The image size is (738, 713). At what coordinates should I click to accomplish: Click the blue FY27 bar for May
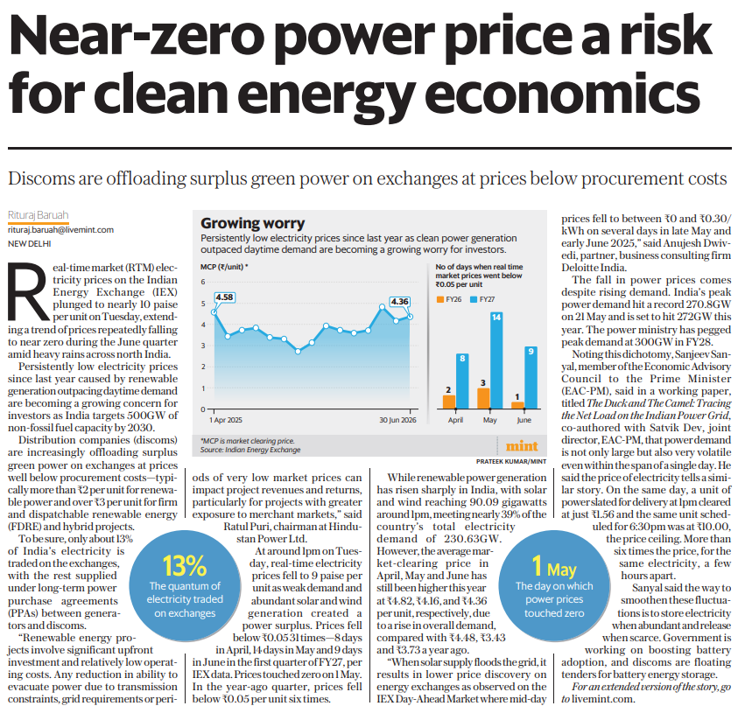[496, 360]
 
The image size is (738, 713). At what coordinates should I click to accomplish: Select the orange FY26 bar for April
[449, 402]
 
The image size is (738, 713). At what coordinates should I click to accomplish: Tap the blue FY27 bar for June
[531, 377]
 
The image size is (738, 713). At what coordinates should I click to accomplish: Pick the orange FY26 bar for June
[517, 405]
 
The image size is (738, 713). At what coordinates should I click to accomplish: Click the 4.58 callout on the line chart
[224, 297]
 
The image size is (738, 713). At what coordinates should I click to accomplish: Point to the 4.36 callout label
[399, 302]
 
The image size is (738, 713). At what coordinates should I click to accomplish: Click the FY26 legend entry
[449, 299]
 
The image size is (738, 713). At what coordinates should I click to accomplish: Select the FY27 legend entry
[482, 299]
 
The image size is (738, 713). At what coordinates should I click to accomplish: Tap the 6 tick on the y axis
[203, 282]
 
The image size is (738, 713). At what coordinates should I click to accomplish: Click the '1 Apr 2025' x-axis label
[226, 420]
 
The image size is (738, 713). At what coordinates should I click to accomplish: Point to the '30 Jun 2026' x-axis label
[397, 420]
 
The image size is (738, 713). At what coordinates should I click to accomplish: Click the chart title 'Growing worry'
[253, 223]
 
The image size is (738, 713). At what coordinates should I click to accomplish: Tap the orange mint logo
[522, 445]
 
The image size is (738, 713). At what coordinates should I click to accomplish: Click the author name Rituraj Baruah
[39, 215]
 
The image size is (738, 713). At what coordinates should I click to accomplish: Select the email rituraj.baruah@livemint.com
[60, 230]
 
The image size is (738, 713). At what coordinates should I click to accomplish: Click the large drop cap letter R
[28, 290]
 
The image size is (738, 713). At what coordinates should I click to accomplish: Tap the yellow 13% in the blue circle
[185, 566]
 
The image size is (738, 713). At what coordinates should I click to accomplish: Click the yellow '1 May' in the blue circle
[554, 567]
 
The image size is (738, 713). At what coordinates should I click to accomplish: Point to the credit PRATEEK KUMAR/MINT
[511, 462]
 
